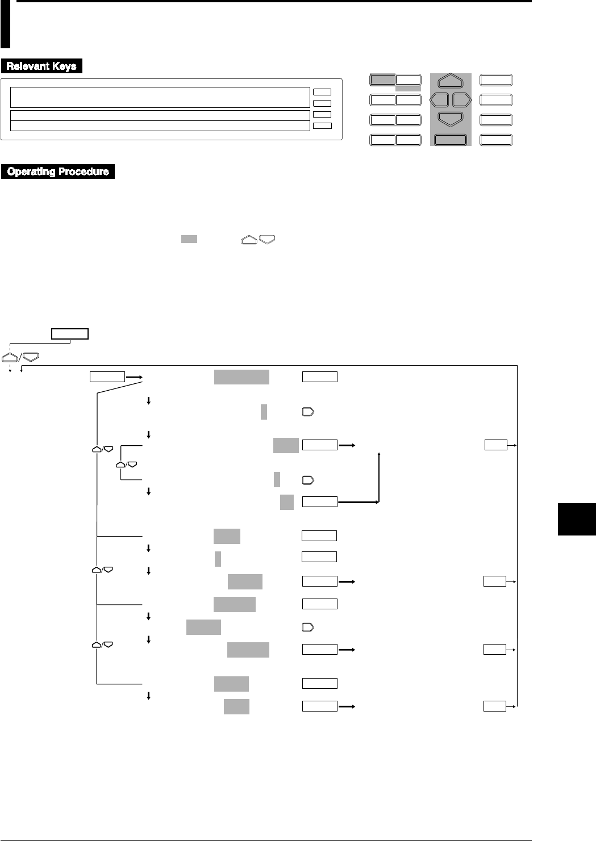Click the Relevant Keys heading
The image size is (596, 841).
tap(41, 66)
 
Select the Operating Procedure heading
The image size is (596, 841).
tap(58, 171)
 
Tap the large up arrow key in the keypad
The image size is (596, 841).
tap(450, 81)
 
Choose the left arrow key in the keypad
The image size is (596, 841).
tap(439, 100)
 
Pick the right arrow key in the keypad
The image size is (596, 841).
tap(461, 100)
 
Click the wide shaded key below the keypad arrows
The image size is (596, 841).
tap(450, 140)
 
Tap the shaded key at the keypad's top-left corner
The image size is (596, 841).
tap(382, 80)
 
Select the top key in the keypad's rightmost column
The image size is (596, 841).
tap(496, 80)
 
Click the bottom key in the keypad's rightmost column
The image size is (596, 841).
tap(496, 140)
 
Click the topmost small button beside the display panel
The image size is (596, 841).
tap(322, 91)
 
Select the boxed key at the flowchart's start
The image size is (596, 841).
tap(70, 334)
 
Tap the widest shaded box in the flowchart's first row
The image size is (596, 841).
tap(241, 376)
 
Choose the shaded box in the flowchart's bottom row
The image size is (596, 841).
tap(236, 706)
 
